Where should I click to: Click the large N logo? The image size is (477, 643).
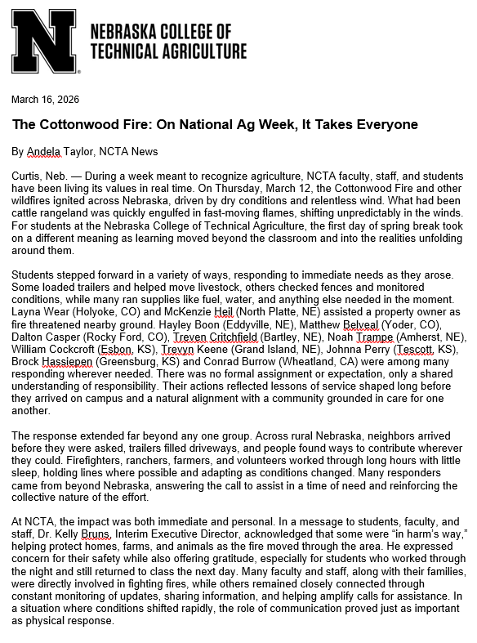45,46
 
